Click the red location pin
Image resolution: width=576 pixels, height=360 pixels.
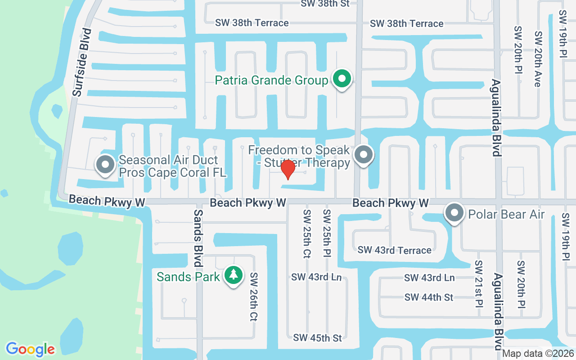[x=288, y=170]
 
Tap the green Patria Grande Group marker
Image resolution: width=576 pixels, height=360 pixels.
[x=342, y=80]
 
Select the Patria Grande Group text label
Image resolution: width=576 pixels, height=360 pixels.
[x=271, y=81]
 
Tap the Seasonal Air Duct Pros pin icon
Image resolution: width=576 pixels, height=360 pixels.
[x=105, y=164]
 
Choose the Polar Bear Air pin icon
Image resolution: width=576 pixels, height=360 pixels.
[x=454, y=213]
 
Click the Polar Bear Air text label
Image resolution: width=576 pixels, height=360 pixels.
[x=506, y=214]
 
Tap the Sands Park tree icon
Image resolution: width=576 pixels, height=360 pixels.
[x=233, y=275]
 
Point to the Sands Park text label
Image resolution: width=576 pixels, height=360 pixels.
[x=188, y=276]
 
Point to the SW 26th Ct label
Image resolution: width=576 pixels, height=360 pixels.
[x=253, y=297]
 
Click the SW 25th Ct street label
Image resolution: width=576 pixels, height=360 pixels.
[x=307, y=234]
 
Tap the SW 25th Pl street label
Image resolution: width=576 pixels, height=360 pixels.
[x=327, y=234]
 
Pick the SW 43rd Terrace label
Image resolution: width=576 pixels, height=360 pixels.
[x=394, y=250]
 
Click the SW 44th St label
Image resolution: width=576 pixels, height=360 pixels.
[x=429, y=297]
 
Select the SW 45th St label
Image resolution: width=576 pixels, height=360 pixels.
[x=317, y=337]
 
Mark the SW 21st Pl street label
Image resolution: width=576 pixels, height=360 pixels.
[x=479, y=283]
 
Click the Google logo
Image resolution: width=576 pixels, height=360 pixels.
[x=30, y=349]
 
